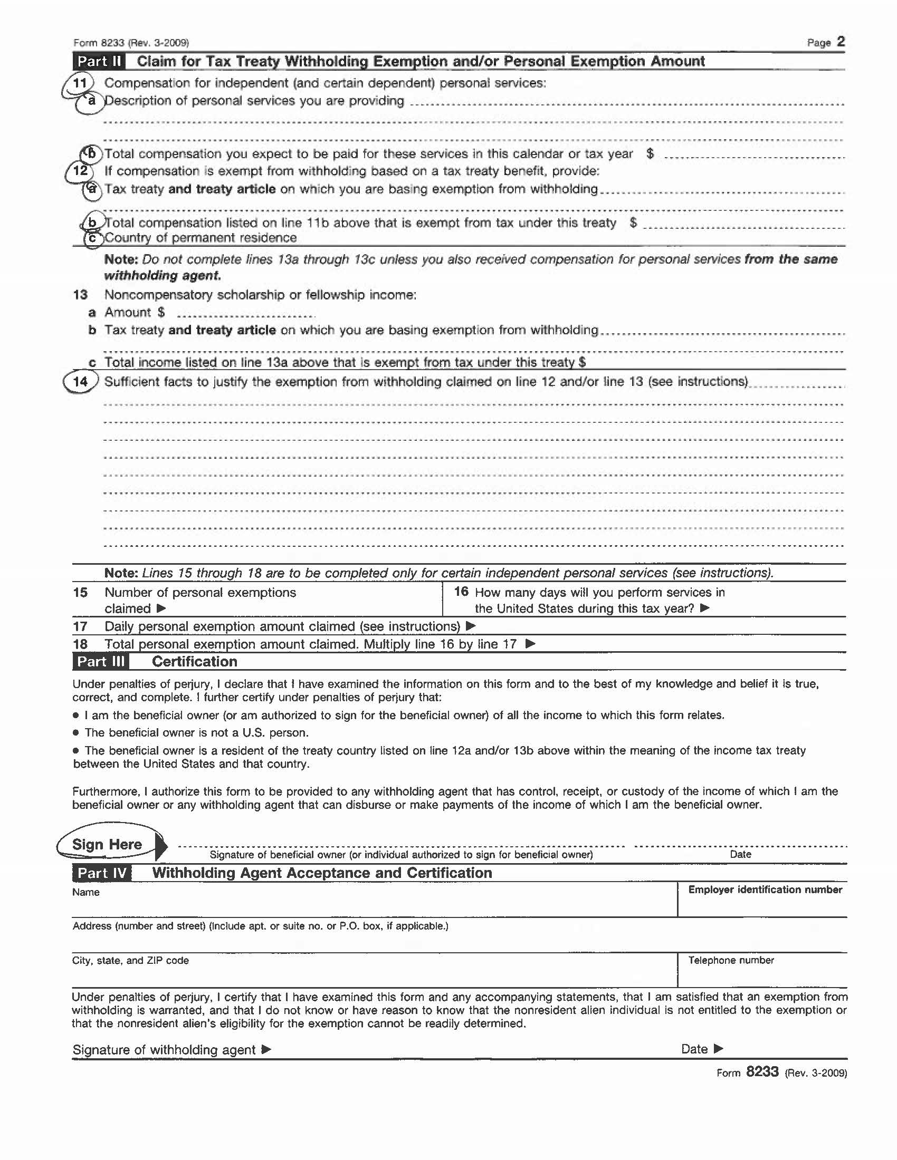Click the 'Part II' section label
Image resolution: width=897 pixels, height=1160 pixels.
[x=99, y=62]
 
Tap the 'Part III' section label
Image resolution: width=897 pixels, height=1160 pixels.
[x=100, y=661]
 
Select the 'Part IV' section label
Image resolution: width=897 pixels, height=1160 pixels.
[x=101, y=873]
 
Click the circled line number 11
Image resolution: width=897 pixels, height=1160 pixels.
[x=80, y=83]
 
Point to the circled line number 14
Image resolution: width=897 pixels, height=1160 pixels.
[x=81, y=382]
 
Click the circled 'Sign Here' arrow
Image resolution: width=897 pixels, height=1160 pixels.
[x=111, y=845]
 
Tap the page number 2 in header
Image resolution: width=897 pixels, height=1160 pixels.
[x=840, y=42]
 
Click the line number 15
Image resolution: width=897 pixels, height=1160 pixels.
[x=80, y=592]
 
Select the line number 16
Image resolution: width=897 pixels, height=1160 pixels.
[x=461, y=592]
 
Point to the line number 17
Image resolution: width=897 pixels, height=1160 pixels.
[x=80, y=627]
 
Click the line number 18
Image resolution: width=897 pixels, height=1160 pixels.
[x=80, y=644]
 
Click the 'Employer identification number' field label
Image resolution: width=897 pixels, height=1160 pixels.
[x=765, y=890]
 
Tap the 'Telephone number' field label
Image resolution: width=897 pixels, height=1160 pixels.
[x=731, y=960]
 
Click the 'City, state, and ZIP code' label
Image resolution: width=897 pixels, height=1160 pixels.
[x=131, y=960]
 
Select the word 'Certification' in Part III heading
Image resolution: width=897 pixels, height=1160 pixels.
[x=195, y=661]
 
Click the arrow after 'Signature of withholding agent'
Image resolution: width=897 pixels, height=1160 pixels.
[x=267, y=1049]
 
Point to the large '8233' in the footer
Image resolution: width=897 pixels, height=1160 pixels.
[x=762, y=1072]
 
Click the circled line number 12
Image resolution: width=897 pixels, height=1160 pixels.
[x=80, y=171]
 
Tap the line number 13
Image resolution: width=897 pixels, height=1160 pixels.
[x=80, y=295]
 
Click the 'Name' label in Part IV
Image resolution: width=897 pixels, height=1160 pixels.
[x=86, y=892]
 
